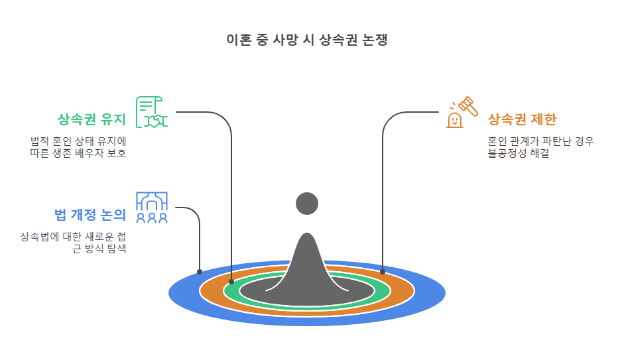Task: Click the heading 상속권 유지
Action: (x=92, y=120)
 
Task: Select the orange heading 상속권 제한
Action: (x=522, y=120)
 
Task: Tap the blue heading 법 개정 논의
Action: (x=90, y=214)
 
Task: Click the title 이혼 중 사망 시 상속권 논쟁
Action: (x=306, y=40)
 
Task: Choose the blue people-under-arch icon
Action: (x=152, y=207)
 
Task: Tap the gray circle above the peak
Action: (x=307, y=204)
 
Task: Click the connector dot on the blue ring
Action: (x=200, y=272)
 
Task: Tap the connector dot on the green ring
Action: (x=231, y=282)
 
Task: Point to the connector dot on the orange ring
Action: (x=383, y=272)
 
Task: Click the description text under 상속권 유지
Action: (x=78, y=147)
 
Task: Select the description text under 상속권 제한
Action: (x=540, y=147)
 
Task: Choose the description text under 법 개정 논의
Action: (x=73, y=243)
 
